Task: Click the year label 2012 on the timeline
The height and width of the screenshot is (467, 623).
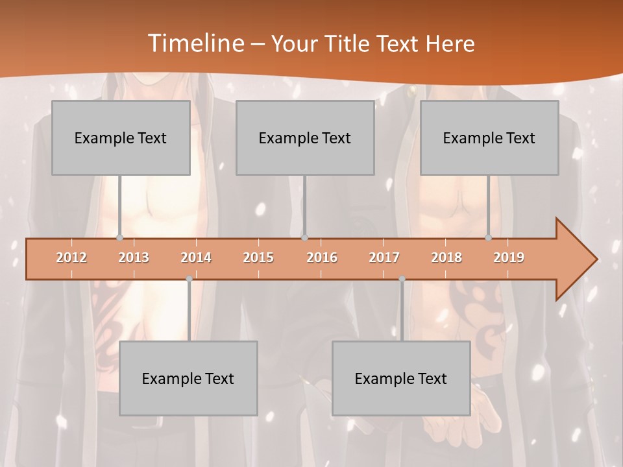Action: [71, 257]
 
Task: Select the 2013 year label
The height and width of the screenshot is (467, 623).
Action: [134, 257]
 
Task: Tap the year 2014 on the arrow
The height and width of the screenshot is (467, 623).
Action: [196, 257]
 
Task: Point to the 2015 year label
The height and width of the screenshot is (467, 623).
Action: [258, 257]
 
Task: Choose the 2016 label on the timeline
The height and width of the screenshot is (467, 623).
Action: [322, 257]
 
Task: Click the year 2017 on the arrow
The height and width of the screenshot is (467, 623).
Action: [384, 257]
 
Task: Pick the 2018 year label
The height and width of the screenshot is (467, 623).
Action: [446, 257]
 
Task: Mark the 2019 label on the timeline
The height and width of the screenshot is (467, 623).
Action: [509, 257]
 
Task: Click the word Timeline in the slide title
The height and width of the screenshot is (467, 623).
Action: [195, 43]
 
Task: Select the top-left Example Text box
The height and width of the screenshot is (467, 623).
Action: [121, 138]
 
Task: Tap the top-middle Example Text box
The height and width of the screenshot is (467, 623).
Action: [305, 138]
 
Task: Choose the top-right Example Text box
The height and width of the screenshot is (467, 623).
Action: [489, 138]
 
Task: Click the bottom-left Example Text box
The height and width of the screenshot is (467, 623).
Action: [188, 378]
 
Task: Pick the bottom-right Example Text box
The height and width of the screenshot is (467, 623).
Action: [401, 378]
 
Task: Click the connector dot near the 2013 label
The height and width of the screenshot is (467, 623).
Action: [119, 237]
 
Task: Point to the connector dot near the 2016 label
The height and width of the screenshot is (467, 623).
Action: [304, 237]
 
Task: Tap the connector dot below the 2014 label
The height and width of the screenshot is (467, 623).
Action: [189, 279]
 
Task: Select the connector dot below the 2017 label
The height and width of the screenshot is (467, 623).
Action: [402, 279]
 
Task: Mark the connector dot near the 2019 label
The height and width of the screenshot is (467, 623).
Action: [488, 237]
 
